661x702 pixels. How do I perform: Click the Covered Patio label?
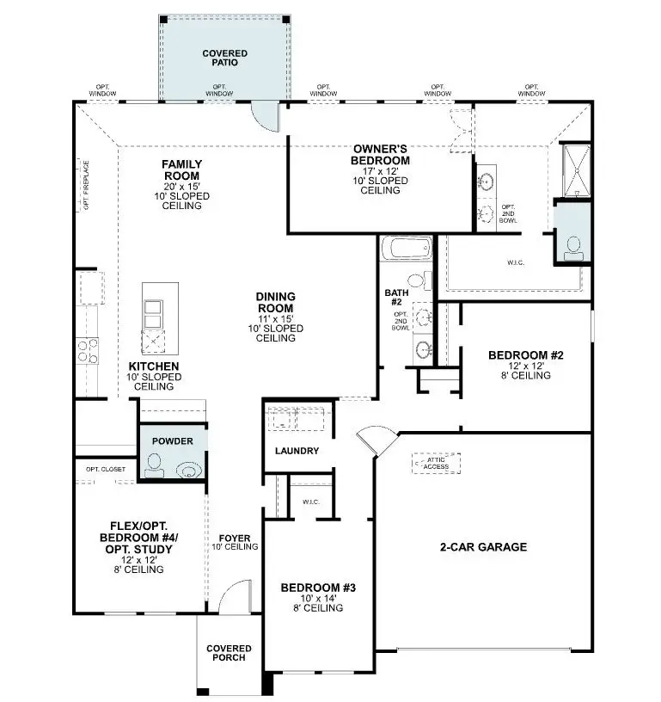[224, 58]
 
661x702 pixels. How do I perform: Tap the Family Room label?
[181, 169]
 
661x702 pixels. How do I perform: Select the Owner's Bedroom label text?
[380, 155]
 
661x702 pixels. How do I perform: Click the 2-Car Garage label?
[483, 547]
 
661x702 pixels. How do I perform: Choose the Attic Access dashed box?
[437, 462]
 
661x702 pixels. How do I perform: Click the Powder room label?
[173, 441]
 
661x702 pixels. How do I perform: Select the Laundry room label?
[297, 451]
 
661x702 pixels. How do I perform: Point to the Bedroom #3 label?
[318, 588]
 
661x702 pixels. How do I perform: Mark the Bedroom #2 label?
[525, 355]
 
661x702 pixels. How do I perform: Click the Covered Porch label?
[229, 653]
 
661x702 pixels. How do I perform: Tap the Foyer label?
[235, 539]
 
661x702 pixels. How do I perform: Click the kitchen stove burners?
[88, 349]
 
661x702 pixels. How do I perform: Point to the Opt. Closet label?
[105, 469]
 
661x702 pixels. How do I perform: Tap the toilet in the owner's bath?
[573, 248]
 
